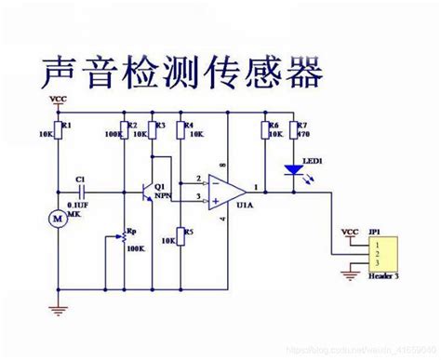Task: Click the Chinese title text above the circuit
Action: click(x=181, y=70)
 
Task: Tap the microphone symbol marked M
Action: click(x=53, y=220)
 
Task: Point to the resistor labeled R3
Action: click(x=153, y=133)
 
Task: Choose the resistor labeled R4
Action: click(x=180, y=133)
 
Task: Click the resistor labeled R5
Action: click(x=180, y=237)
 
